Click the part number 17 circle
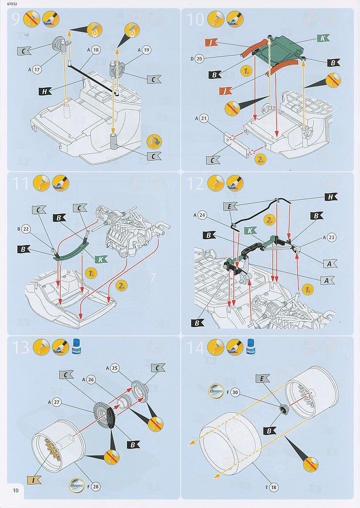pos(37,70)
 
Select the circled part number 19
pos(146,50)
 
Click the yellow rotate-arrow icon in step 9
pos(154,142)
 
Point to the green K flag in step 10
pos(322,38)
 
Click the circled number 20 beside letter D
pos(200,59)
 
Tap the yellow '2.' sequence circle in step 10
pos(260,160)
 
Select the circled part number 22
pos(27,229)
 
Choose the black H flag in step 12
pos(331,197)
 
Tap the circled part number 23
pos(331,237)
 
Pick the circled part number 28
pos(96,487)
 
